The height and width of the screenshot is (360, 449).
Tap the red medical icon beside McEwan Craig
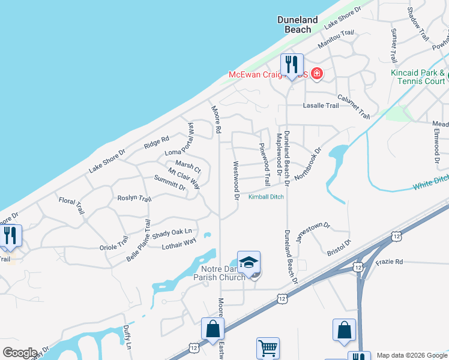point(317,75)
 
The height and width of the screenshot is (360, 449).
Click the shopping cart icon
point(268,348)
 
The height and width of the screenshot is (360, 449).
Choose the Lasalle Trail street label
point(321,105)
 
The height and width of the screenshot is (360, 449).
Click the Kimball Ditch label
point(267,197)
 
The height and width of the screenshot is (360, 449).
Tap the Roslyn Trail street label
point(134,198)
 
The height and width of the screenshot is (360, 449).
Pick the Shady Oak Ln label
point(172,231)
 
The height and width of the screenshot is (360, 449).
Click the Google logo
point(20,353)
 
